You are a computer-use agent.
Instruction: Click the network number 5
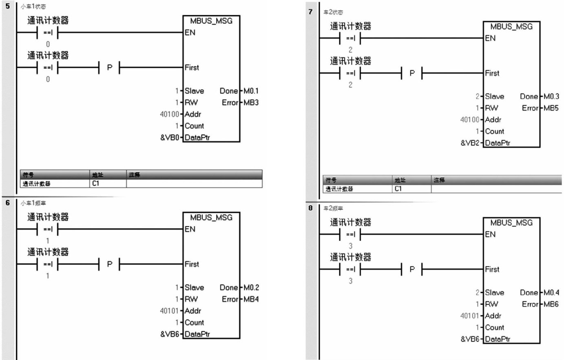click(7, 7)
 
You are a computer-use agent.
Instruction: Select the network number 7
click(311, 12)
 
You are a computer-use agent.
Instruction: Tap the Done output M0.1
click(251, 91)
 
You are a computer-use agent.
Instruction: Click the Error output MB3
click(251, 102)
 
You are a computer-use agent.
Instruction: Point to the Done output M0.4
click(551, 293)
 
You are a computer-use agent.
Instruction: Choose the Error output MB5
click(551, 108)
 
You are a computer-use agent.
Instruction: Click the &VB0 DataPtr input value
click(170, 138)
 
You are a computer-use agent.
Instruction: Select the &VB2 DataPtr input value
click(470, 143)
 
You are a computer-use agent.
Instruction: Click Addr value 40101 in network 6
click(169, 311)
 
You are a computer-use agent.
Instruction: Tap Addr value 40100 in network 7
click(470, 120)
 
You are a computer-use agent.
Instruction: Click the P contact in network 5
click(109, 67)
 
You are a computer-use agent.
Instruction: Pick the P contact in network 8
click(412, 269)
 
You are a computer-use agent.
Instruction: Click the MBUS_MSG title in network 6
click(211, 218)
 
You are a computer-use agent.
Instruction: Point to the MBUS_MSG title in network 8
click(511, 223)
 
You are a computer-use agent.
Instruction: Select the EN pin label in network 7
click(490, 38)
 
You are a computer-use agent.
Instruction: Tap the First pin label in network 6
click(192, 264)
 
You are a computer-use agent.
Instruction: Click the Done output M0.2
click(251, 288)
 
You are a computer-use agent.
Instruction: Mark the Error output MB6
click(551, 304)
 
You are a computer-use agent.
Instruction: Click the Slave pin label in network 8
click(494, 293)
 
